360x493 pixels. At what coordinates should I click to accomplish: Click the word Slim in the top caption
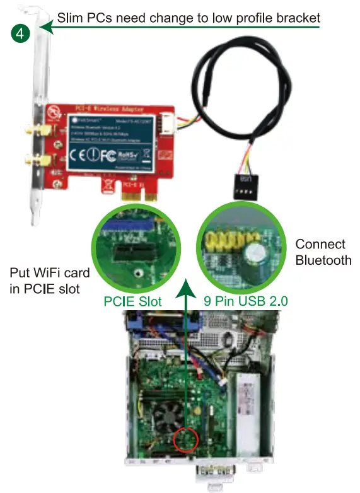click(x=71, y=18)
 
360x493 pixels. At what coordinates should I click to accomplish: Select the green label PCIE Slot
click(x=133, y=302)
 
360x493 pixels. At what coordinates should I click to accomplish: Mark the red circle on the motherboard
click(x=186, y=440)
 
